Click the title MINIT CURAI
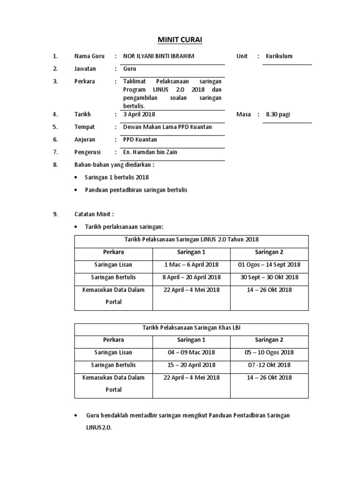180,39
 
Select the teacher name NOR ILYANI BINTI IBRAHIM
158,56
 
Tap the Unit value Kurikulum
279,56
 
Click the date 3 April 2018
139,114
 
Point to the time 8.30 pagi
278,114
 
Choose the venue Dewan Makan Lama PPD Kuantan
167,127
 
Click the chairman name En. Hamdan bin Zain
150,152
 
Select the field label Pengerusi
88,152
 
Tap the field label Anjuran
85,140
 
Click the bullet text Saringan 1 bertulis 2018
116,177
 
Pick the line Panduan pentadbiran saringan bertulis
136,190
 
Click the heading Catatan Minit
94,214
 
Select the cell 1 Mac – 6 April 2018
191,265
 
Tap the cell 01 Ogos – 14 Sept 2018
269,265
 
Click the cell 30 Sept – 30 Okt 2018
269,277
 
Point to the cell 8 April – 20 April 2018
191,277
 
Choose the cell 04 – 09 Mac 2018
191,352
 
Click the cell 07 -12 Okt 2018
269,365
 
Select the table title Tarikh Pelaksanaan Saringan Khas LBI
191,327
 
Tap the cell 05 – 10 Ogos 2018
269,352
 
